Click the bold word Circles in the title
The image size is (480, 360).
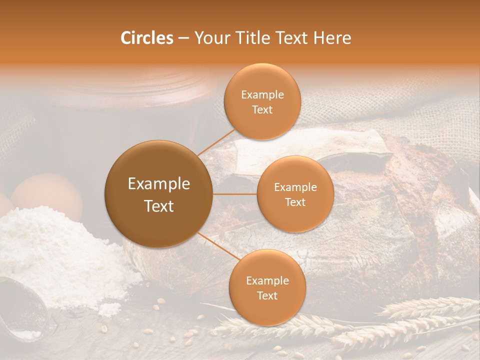pos(146,38)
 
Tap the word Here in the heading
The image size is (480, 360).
pos(332,38)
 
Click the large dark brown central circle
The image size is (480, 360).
pos(158,194)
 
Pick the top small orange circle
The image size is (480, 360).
pos(262,101)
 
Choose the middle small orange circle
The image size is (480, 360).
pos(295,194)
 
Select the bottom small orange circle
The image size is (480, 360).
pos(267,287)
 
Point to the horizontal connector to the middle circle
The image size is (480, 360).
pos(234,194)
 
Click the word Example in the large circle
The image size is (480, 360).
pos(158,184)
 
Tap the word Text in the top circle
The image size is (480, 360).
pos(262,110)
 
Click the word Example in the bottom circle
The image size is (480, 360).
pos(267,280)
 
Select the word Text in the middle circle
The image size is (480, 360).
pos(295,202)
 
